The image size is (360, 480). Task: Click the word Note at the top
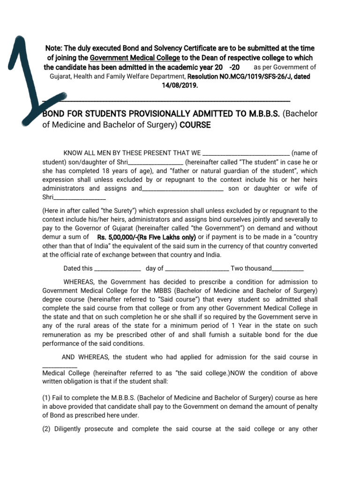coord(53,49)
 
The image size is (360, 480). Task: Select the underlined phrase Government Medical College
coord(135,58)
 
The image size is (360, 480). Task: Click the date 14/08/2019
coord(180,86)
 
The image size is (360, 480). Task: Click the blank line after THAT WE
coord(247,153)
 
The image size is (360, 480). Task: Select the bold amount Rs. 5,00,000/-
coord(124,237)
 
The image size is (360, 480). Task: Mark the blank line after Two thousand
coord(287,269)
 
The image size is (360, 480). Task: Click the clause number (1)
coord(47,398)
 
